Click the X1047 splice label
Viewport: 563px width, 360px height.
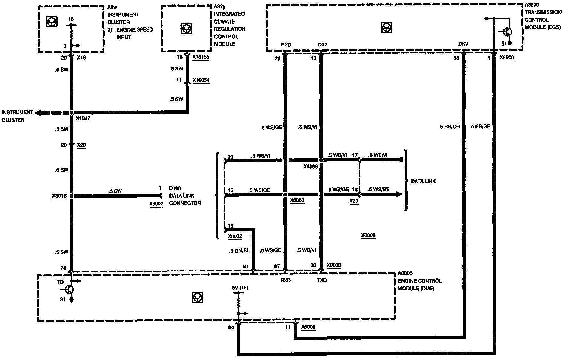coord(83,119)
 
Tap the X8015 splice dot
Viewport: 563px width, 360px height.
coord(71,196)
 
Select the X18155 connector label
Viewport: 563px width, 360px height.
coord(201,57)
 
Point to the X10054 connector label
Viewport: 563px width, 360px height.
coord(201,80)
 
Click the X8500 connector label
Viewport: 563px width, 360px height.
coord(507,58)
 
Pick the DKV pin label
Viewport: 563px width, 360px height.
coord(463,44)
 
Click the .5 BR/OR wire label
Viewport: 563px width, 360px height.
coord(449,127)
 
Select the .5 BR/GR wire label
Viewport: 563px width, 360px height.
coord(480,127)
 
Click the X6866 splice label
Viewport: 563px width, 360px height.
coord(310,167)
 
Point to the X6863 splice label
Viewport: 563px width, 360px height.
coord(297,201)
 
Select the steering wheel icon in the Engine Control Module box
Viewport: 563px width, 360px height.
coord(197,297)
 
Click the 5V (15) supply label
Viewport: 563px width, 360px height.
coord(240,288)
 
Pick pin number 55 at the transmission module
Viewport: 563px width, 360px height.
coord(456,58)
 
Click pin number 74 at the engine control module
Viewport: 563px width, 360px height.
coord(63,268)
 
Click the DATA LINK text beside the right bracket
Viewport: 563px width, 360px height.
coord(423,181)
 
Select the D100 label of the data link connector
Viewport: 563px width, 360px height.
coord(175,188)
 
